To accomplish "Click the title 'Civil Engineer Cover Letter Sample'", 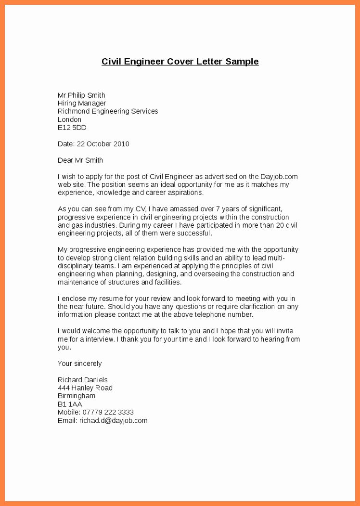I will click(180, 62).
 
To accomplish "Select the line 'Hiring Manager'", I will click(82, 103).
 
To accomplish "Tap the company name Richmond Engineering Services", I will click(108, 111).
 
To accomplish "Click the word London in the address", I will click(69, 119).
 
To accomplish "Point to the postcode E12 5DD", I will click(72, 128).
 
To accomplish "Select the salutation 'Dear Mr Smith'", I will click(80, 160).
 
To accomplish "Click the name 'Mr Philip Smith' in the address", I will click(81, 95).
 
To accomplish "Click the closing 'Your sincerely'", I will click(80, 363).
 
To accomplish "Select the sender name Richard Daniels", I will click(83, 380).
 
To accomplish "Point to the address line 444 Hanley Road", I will click(85, 388).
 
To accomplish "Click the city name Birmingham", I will click(77, 396).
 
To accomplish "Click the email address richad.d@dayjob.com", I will click(114, 420).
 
